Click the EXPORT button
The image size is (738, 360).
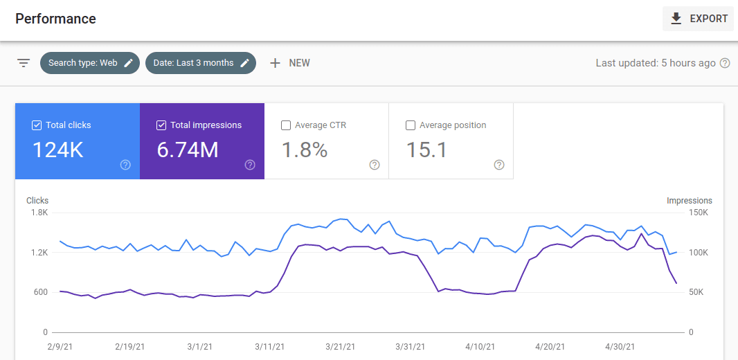tap(698, 19)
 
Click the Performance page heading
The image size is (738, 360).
tap(55, 19)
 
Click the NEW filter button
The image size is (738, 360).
tap(290, 63)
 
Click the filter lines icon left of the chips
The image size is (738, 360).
tap(24, 63)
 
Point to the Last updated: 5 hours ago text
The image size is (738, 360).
tap(655, 63)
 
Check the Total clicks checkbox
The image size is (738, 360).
tap(37, 125)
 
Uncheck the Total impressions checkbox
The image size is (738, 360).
tap(161, 125)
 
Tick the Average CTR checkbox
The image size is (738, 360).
tap(286, 125)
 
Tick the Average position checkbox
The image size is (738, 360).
tap(411, 125)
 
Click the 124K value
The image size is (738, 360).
tap(58, 150)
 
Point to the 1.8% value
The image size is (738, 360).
tap(305, 150)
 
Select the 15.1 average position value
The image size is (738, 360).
tap(427, 150)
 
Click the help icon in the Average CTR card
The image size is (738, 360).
tap(375, 165)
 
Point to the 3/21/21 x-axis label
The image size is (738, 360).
tap(341, 346)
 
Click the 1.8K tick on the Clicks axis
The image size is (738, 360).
tap(39, 213)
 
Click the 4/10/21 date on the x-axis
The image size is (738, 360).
tap(480, 346)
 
